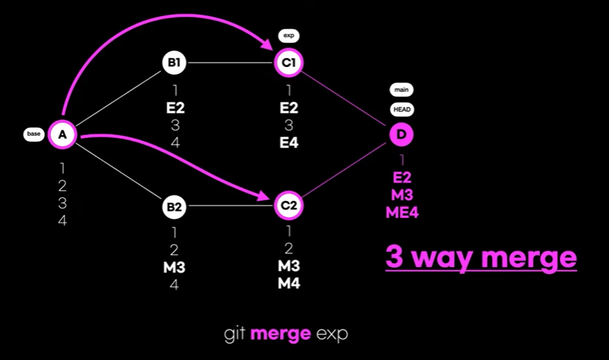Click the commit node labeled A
click(62, 134)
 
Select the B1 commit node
click(174, 63)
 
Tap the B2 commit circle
click(174, 206)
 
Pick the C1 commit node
click(289, 63)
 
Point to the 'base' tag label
click(34, 134)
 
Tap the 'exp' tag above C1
click(289, 35)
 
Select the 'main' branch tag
click(402, 90)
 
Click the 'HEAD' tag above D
click(402, 109)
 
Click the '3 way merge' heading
click(481, 258)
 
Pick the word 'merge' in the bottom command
click(280, 334)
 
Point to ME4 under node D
click(402, 212)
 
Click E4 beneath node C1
click(289, 143)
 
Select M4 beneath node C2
click(289, 283)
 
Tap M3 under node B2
click(175, 266)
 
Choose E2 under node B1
click(175, 108)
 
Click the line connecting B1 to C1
click(230, 63)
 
